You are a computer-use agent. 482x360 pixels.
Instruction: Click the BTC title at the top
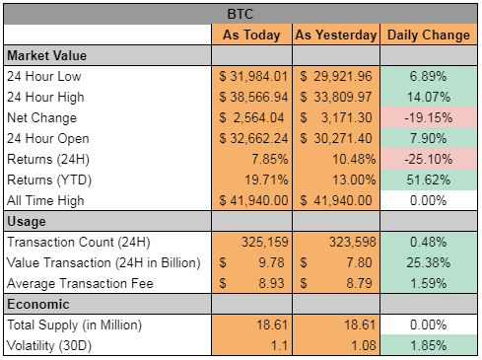(x=241, y=14)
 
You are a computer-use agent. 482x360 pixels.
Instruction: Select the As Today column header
(x=251, y=35)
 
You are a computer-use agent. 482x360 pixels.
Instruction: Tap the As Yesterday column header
(x=336, y=35)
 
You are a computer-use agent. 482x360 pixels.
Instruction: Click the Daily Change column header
(x=429, y=35)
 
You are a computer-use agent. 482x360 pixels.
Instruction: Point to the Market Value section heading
(x=47, y=55)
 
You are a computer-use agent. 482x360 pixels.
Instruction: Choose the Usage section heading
(x=27, y=222)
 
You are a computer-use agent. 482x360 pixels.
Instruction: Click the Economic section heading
(x=38, y=304)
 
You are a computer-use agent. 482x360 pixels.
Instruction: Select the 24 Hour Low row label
(x=44, y=76)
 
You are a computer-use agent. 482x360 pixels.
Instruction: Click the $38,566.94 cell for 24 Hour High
(x=253, y=97)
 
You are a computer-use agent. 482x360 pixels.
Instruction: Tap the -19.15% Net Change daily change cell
(x=429, y=117)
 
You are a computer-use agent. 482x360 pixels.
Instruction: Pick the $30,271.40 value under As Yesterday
(x=336, y=138)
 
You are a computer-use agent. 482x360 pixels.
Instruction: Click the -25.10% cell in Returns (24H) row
(x=429, y=159)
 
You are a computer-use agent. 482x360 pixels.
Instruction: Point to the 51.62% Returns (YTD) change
(x=429, y=180)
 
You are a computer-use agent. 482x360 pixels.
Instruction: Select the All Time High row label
(x=45, y=200)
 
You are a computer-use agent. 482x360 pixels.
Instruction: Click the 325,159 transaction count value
(x=265, y=242)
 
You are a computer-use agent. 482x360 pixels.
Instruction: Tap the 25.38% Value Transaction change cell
(x=429, y=262)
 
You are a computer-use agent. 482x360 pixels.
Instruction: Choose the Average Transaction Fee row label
(x=80, y=283)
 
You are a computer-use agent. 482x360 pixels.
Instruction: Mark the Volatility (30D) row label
(x=49, y=345)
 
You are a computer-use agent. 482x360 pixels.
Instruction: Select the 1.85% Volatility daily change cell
(x=429, y=345)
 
